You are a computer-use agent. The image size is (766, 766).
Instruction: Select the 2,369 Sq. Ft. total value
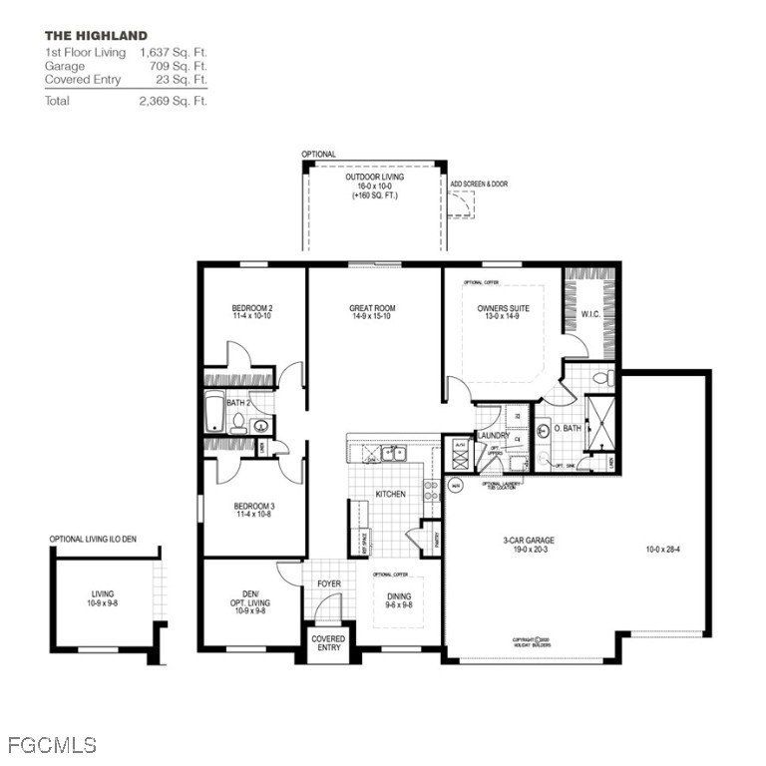click(174, 101)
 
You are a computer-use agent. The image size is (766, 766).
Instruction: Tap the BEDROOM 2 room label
click(252, 308)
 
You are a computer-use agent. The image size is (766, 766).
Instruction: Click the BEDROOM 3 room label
click(252, 507)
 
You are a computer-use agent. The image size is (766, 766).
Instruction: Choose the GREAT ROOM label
click(373, 308)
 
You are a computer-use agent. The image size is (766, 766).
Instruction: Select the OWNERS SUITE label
click(504, 308)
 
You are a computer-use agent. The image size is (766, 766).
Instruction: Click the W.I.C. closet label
click(591, 315)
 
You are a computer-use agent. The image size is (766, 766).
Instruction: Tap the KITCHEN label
click(389, 494)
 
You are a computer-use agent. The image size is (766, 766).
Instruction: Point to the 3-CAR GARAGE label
click(529, 542)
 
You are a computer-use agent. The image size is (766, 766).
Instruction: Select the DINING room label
click(398, 596)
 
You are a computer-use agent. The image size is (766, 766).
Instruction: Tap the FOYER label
click(329, 583)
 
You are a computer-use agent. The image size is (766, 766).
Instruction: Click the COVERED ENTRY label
click(328, 643)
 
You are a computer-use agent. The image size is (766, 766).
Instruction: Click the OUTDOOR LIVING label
click(374, 177)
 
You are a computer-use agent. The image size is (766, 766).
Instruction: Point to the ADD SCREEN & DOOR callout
click(479, 184)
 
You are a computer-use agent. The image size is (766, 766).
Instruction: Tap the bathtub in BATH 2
click(215, 413)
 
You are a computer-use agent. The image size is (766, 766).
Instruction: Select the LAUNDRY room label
click(495, 435)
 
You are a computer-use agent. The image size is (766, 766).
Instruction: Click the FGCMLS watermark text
click(52, 745)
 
